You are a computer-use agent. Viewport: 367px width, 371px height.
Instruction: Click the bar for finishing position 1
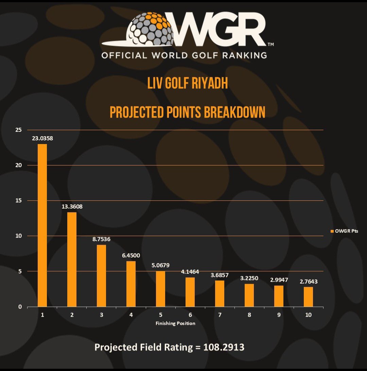pos(42,225)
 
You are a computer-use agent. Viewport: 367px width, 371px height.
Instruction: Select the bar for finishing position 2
pos(72,260)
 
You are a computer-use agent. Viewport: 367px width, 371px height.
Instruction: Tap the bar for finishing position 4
pos(131,284)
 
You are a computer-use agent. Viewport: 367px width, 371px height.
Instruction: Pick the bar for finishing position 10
pos(308,297)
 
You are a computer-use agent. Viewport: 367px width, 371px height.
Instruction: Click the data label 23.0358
pos(42,138)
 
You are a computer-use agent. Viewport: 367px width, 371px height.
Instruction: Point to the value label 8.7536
pos(101,239)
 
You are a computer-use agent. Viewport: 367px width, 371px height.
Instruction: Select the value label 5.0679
pos(160,265)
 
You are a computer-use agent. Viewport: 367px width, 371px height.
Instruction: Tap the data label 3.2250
pos(249,278)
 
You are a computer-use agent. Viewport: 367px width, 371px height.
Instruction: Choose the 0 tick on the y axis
pos(20,307)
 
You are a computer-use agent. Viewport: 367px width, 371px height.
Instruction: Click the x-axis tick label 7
pos(220,315)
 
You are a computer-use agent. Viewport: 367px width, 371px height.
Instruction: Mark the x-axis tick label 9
pos(279,315)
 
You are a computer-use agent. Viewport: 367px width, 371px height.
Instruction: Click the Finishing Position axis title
pos(175,323)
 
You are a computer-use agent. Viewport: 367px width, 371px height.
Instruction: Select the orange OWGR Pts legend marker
pos(332,231)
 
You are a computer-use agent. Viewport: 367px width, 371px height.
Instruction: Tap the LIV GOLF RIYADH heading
pos(187,84)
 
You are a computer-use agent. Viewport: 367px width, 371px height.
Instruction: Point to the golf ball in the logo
pos(152,29)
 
